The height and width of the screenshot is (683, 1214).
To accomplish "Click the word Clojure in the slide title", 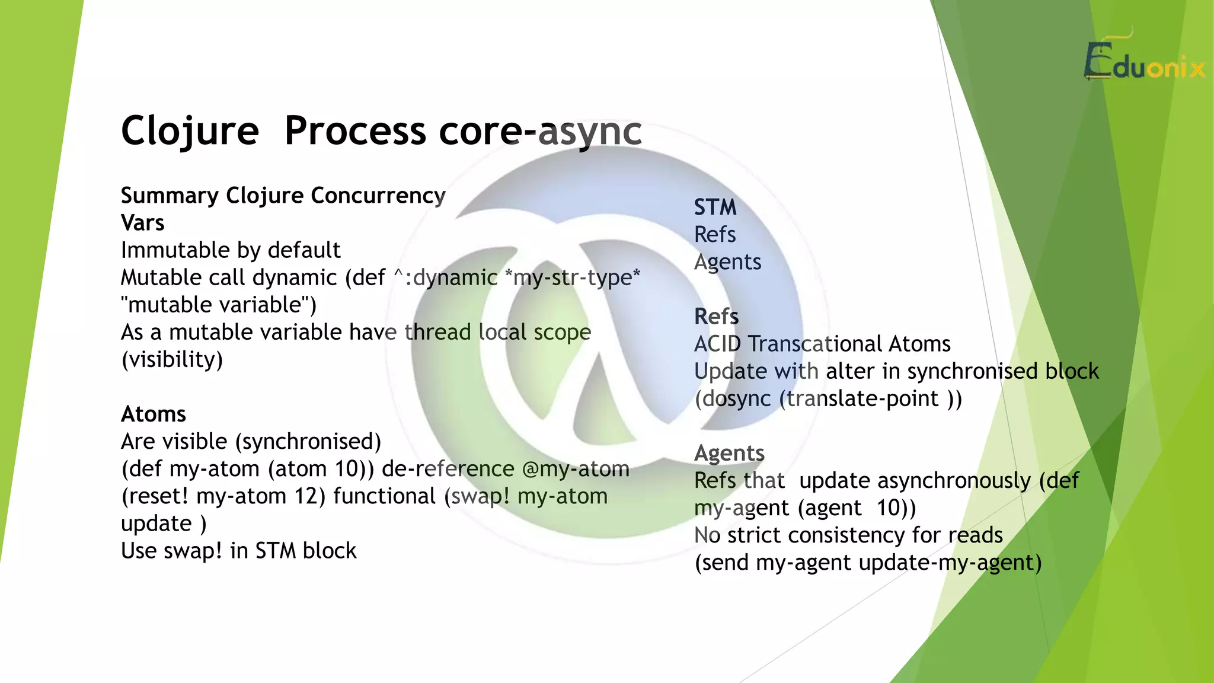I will pyautogui.click(x=190, y=130).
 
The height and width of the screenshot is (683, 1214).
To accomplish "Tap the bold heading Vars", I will pyautogui.click(x=142, y=223).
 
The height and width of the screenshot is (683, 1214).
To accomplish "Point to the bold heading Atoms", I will pyautogui.click(x=153, y=414).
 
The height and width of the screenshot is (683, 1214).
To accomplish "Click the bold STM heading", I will pyautogui.click(x=715, y=208).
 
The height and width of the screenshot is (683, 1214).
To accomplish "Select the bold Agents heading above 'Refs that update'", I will pyautogui.click(x=729, y=453).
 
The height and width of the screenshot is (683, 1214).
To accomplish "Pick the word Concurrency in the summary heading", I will pyautogui.click(x=378, y=196).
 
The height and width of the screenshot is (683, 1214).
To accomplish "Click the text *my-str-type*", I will pyautogui.click(x=576, y=277).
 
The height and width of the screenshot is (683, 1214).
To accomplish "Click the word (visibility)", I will pyautogui.click(x=172, y=360).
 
